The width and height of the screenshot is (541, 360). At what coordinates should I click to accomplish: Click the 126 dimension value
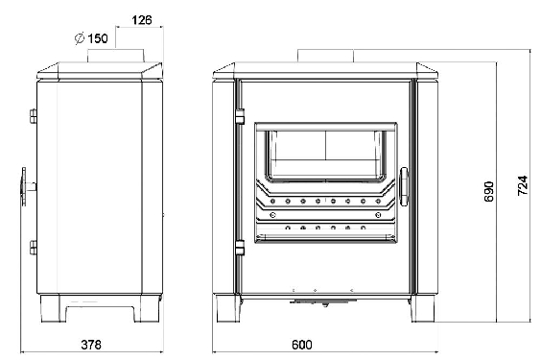pos(142,20)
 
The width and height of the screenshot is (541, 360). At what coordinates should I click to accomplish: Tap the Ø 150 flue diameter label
pos(91,38)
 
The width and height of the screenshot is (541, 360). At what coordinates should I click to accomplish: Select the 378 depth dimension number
pos(91,345)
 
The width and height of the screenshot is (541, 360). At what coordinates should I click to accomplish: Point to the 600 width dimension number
pos(302,345)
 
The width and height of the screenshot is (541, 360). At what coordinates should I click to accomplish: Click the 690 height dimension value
pos(489,192)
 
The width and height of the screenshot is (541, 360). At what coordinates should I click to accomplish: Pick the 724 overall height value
pos(523,186)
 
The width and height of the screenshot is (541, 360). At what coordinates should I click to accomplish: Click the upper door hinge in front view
pos(240,116)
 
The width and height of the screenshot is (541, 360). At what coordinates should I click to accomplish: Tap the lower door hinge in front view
pos(240,248)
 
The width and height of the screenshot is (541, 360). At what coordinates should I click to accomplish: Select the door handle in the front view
pos(404,186)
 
